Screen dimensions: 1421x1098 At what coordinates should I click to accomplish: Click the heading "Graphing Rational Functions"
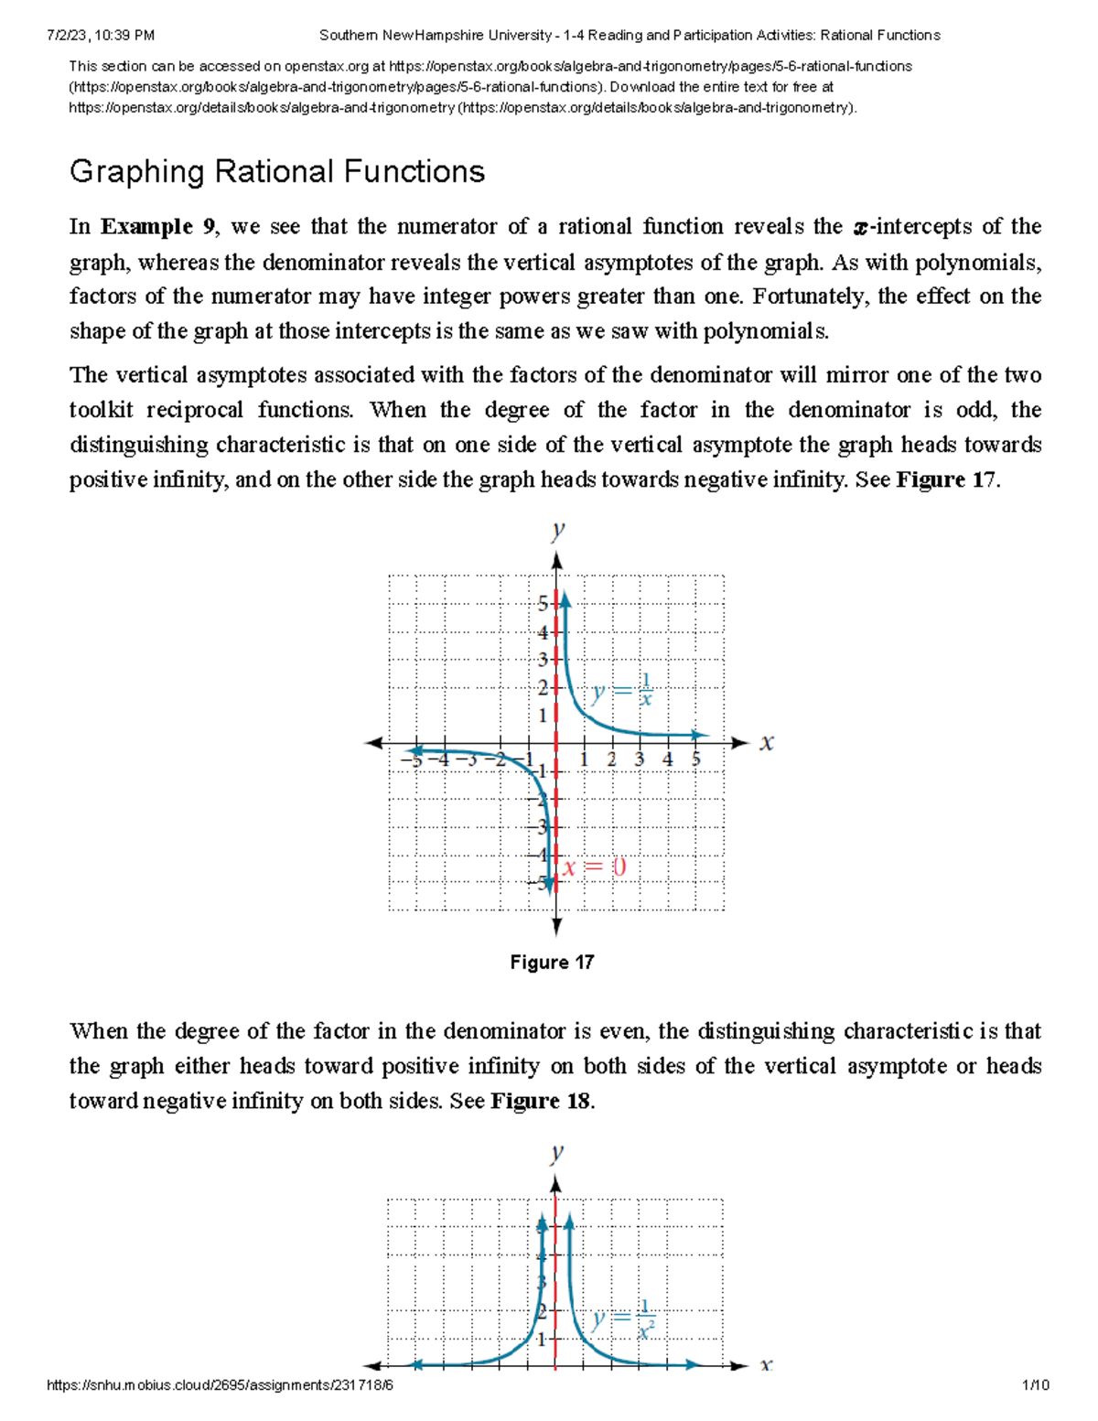tap(276, 172)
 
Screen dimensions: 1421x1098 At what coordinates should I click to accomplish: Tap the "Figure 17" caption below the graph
tap(552, 963)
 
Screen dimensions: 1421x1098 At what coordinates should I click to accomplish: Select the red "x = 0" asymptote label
tap(595, 867)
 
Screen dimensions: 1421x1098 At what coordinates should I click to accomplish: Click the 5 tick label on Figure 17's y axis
tap(543, 603)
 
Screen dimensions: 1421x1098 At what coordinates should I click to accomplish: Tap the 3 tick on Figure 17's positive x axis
tap(639, 759)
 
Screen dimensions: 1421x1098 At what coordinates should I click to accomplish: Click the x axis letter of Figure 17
tap(767, 742)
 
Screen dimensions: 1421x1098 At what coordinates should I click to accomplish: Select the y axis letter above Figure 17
tap(557, 530)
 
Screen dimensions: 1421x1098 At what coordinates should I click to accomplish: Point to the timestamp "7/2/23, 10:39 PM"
tap(100, 36)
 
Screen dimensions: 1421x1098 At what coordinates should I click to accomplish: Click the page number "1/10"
tap(1036, 1385)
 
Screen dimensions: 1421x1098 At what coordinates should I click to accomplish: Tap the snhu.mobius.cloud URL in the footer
tap(220, 1385)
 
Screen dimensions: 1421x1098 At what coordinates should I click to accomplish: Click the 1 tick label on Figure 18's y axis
tap(542, 1340)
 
